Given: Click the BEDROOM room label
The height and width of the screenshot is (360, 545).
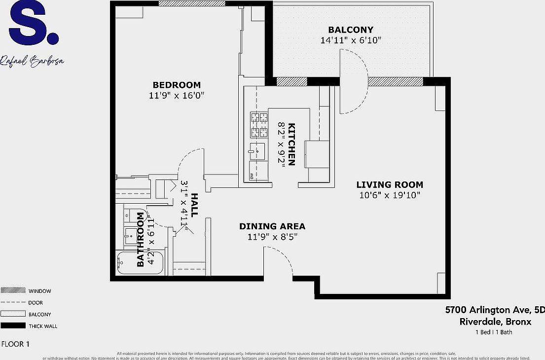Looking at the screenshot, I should pos(176,85).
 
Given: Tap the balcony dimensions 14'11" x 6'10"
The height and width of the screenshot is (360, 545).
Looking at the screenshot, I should pos(350,40).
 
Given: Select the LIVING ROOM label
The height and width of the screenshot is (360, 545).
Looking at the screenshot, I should pos(390,185).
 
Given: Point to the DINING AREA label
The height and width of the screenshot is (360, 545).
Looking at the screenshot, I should pos(272,226).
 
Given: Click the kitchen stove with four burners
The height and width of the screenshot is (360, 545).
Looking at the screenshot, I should pos(259,125).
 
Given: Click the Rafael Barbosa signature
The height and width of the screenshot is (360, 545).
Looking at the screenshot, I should pos(32,61).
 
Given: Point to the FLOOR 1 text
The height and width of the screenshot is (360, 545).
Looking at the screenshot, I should pos(16,344).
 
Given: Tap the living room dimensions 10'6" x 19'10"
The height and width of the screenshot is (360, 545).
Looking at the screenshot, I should pos(390,195).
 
